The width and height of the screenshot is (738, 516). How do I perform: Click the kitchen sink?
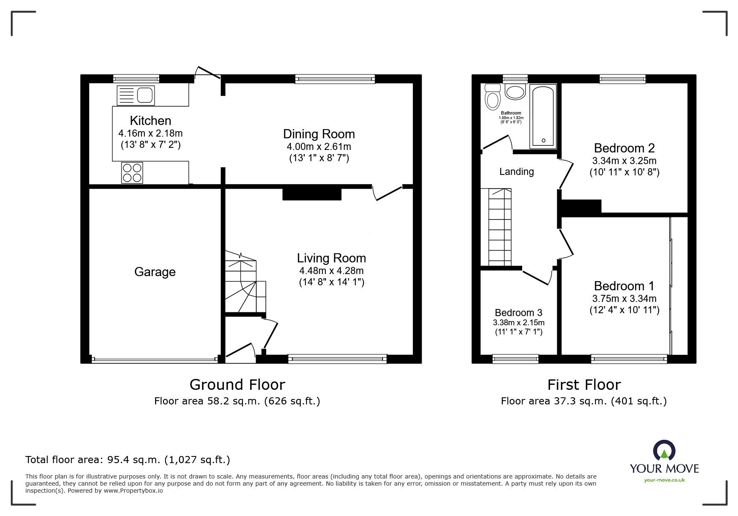(x=135, y=95)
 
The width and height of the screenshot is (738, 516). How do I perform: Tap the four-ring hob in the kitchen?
(x=132, y=173)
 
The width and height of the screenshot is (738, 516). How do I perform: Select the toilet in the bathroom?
(x=493, y=97)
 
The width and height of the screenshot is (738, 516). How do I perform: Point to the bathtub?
(x=543, y=116)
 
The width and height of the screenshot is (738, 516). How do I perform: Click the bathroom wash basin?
(x=515, y=92)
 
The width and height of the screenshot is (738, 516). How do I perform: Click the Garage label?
(x=155, y=272)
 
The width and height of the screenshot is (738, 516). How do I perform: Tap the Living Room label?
(x=331, y=258)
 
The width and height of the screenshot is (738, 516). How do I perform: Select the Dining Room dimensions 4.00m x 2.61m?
(x=319, y=147)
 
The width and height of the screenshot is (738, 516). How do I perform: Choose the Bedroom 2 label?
(x=624, y=148)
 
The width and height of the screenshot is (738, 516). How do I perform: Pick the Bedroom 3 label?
(x=518, y=313)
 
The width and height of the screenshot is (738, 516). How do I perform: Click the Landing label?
(x=517, y=172)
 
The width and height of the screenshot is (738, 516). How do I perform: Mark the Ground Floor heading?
(x=237, y=384)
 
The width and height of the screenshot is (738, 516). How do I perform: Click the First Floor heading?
(x=584, y=384)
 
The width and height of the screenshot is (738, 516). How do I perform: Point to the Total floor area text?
(x=128, y=460)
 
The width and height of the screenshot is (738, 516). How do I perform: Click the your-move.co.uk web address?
(x=664, y=480)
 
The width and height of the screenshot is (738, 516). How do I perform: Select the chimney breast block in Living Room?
(x=312, y=194)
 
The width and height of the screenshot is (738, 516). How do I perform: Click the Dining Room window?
(x=335, y=79)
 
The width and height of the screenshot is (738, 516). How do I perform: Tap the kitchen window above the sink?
(x=136, y=79)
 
